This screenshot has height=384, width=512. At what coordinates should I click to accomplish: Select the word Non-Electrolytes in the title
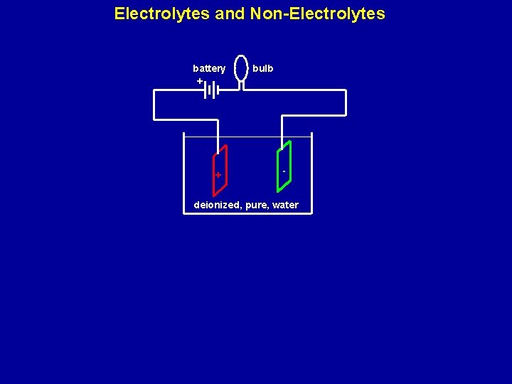[x=317, y=14]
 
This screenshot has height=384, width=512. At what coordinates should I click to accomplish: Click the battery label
[x=209, y=68]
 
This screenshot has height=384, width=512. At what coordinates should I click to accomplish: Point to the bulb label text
[x=262, y=68]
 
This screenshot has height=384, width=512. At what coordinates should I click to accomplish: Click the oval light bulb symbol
[x=242, y=68]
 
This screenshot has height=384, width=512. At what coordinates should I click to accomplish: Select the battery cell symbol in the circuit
[x=210, y=90]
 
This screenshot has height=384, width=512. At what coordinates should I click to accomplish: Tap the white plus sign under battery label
[x=200, y=81]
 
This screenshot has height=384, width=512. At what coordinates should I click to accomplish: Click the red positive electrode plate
[x=220, y=171]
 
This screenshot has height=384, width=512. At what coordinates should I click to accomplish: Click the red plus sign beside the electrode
[x=218, y=175]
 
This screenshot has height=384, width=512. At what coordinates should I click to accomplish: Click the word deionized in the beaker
[x=216, y=206]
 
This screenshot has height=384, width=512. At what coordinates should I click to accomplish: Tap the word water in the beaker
[x=286, y=206]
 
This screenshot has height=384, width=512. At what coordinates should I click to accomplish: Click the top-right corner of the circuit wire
[x=346, y=91]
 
